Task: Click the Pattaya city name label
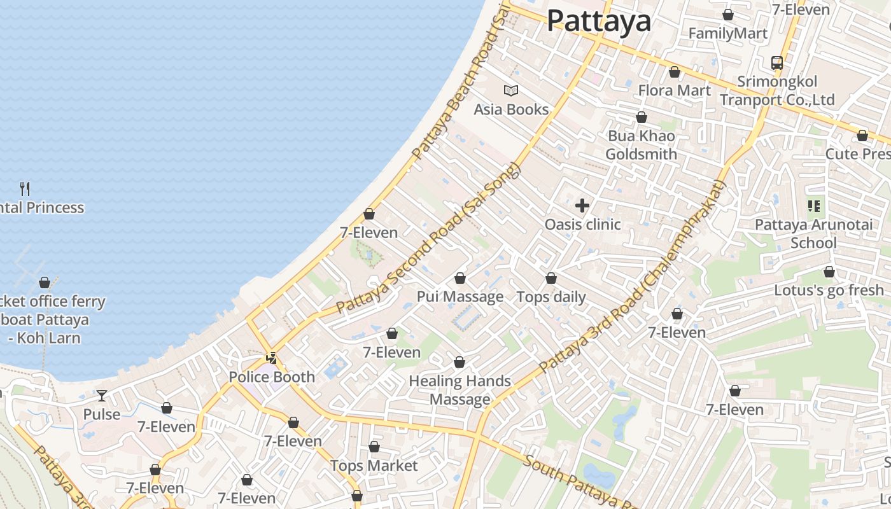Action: click(599, 21)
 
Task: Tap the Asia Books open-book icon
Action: click(511, 90)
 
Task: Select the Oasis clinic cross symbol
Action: click(582, 206)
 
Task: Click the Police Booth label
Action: click(272, 377)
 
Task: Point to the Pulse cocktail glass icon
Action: click(101, 396)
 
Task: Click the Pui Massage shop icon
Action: click(460, 279)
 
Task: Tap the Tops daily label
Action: click(551, 297)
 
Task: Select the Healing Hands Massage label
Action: click(460, 390)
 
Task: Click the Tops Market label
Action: click(374, 466)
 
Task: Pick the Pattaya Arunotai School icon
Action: click(813, 206)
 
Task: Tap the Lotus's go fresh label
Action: click(829, 291)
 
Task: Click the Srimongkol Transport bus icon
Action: click(776, 63)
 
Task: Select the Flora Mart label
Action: click(674, 90)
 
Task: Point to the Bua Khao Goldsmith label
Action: click(641, 145)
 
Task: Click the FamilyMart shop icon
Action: click(727, 15)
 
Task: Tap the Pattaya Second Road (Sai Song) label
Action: click(428, 239)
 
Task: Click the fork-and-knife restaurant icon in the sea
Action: click(25, 188)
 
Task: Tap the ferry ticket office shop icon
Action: click(45, 282)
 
